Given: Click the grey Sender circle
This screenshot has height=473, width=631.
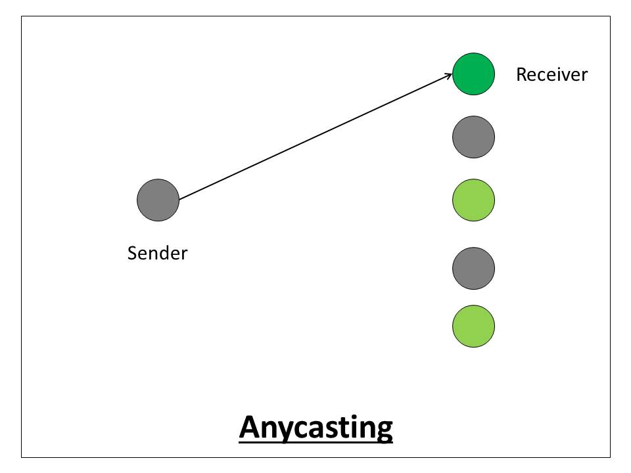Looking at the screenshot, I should click(158, 200).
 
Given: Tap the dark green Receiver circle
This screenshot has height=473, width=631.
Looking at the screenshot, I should click(473, 74).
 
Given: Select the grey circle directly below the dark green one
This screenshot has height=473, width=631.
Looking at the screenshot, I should click(473, 137).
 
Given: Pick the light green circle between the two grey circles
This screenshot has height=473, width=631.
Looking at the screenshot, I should click(473, 200).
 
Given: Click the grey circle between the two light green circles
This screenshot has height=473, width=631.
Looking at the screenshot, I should click(473, 268).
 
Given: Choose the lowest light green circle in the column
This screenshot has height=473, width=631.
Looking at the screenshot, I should click(473, 326).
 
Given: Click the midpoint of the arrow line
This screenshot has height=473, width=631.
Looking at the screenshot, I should click(315, 135).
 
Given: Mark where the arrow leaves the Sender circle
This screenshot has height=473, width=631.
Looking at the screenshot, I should click(179, 198).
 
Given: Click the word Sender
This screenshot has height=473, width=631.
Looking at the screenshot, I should click(157, 253).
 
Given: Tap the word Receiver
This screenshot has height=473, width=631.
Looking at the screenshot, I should click(551, 74).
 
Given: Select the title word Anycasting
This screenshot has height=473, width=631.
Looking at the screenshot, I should click(315, 427).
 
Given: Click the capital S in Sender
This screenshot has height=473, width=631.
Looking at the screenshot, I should click(132, 253).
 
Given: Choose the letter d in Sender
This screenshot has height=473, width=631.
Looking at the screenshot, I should click(164, 253).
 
